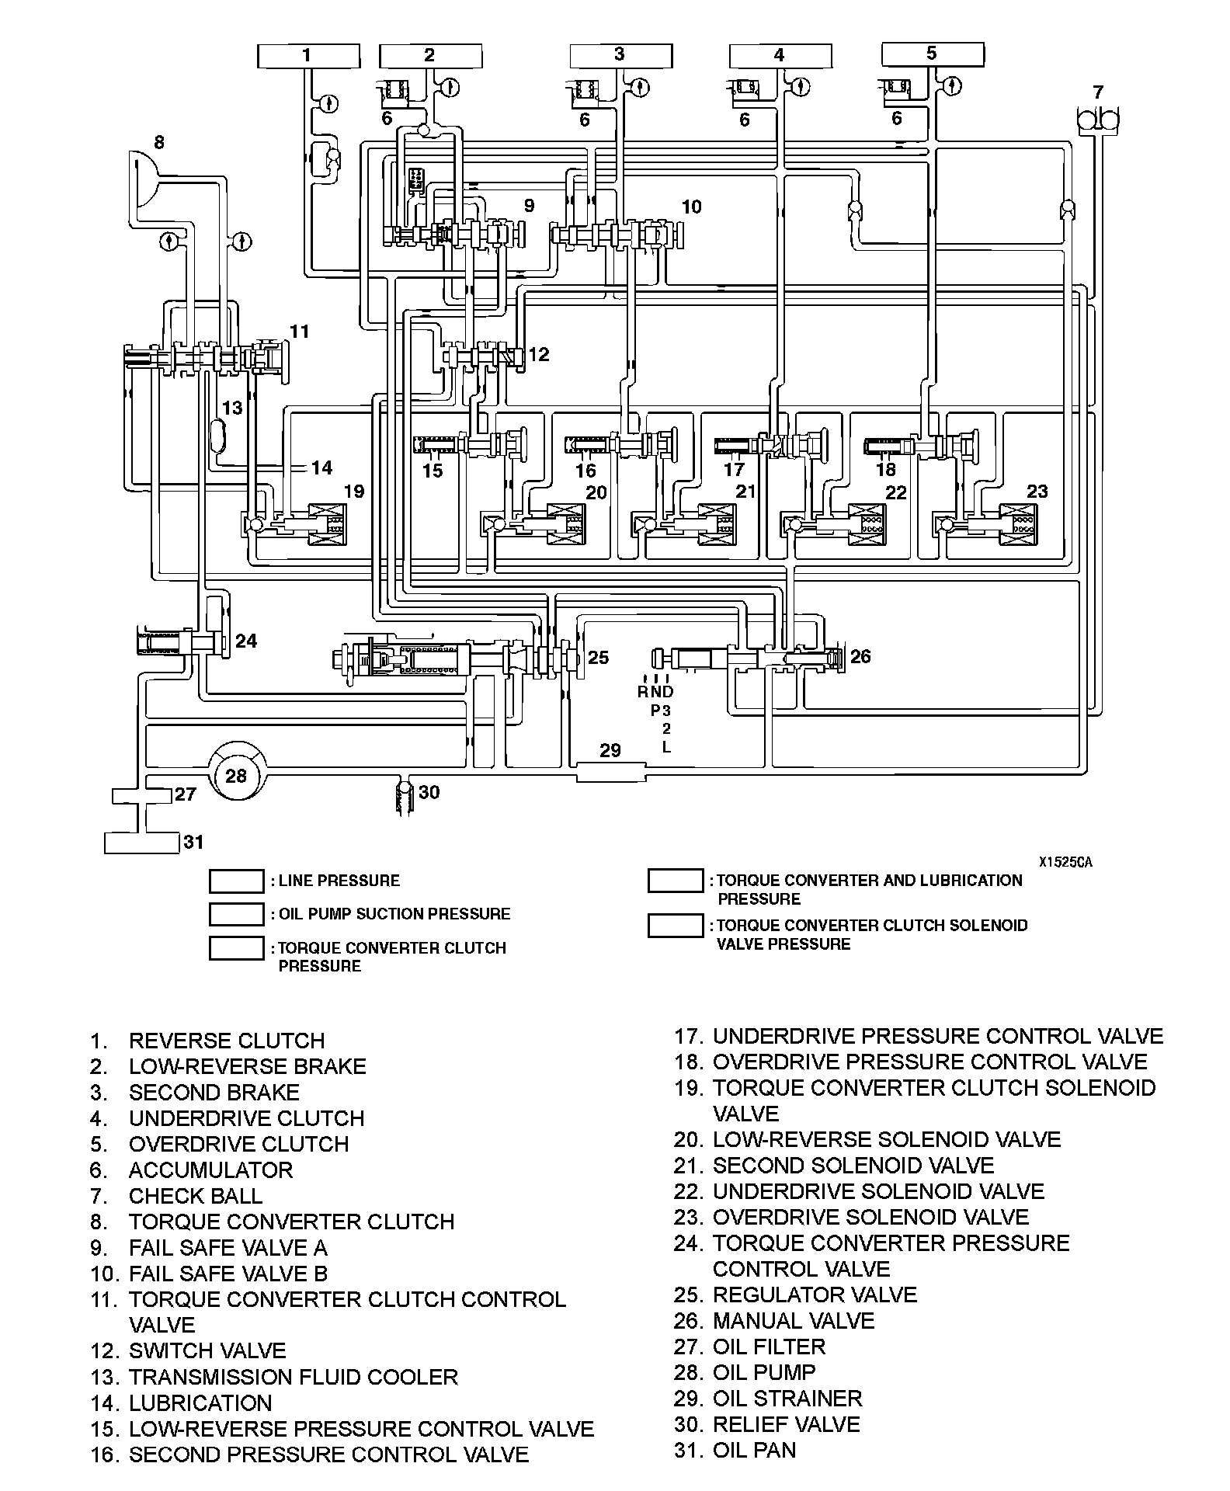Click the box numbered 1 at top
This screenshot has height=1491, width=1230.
point(308,56)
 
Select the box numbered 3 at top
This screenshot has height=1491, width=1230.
point(620,56)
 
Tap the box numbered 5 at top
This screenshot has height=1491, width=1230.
point(933,54)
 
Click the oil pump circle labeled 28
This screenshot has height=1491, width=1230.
point(236,774)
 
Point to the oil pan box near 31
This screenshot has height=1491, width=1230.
point(141,842)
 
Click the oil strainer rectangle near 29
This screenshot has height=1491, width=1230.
point(611,771)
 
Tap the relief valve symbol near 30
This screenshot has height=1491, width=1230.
point(405,797)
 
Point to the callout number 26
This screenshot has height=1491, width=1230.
point(860,656)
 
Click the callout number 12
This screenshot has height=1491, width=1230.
point(538,354)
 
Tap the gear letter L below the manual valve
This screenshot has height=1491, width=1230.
point(666,747)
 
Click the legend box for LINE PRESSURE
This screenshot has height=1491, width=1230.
point(236,881)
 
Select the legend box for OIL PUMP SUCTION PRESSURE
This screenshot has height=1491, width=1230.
point(236,914)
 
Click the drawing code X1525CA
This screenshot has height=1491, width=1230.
point(1065,862)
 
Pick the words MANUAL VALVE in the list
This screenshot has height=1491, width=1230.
point(793,1320)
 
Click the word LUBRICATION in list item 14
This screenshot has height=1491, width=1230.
point(200,1402)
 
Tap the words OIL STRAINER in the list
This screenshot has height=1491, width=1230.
point(787,1398)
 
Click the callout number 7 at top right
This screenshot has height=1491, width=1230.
point(1098,92)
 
